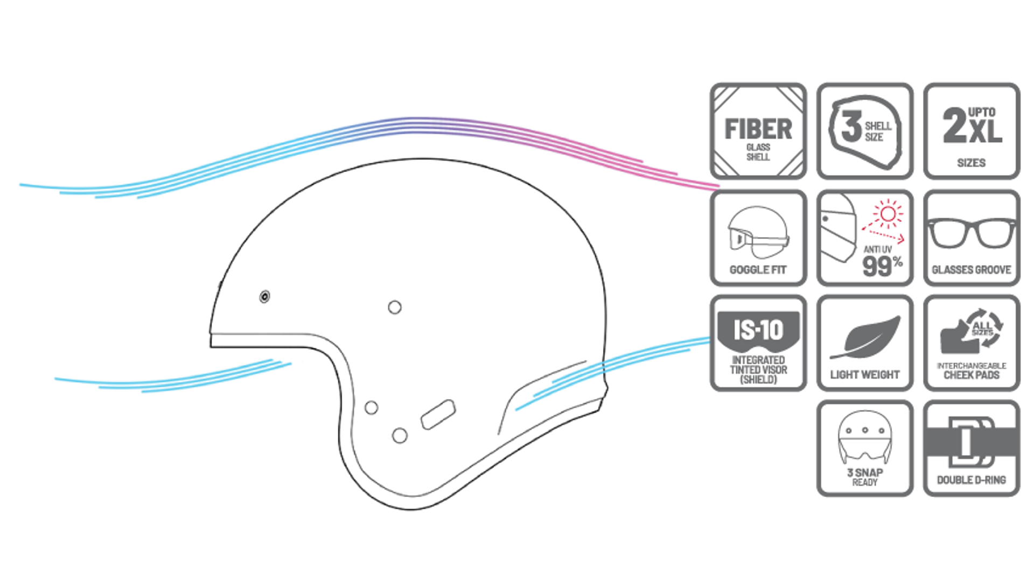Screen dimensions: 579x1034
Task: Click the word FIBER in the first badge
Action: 758,129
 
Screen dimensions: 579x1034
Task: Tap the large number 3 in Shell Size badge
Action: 851,127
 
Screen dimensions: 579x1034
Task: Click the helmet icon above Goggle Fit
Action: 758,233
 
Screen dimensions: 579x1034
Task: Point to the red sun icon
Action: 888,214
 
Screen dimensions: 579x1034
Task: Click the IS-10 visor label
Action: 758,329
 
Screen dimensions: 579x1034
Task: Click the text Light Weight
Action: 865,374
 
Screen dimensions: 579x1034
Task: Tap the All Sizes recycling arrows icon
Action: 983,327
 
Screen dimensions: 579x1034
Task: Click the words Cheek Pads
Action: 972,375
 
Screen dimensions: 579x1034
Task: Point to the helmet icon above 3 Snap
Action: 865,439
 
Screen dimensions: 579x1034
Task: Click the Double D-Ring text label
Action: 972,480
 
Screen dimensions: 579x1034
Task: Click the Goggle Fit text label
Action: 758,270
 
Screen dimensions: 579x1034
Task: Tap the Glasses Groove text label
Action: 972,270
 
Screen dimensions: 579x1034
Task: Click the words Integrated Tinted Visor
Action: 758,365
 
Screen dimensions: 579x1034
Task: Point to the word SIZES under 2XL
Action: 972,163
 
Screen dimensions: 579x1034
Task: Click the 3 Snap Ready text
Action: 865,477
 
